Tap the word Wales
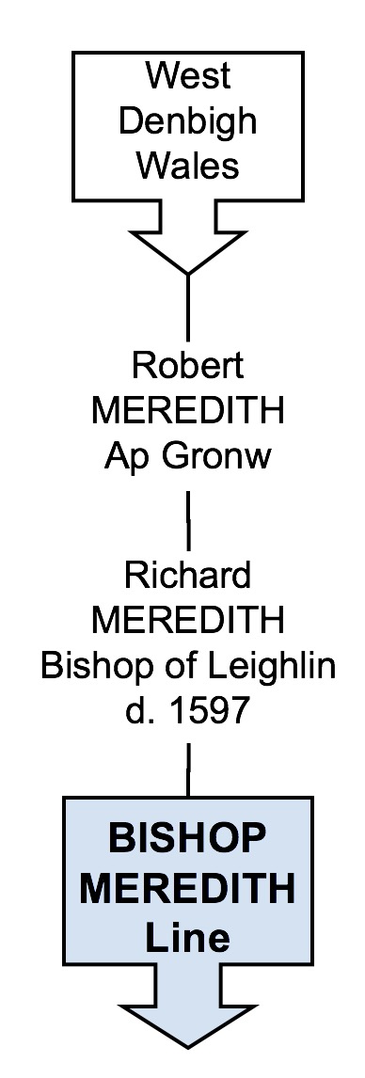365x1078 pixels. coord(188,166)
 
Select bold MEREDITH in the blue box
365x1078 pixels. coord(188,888)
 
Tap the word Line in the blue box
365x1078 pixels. coord(188,937)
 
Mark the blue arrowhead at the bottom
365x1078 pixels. coord(188,1031)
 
